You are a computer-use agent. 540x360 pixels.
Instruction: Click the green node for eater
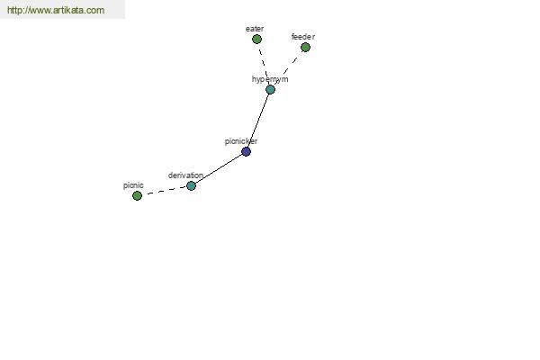click(256, 40)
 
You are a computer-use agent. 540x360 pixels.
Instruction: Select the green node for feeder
click(305, 47)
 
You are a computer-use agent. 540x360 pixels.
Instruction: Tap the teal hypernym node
click(270, 90)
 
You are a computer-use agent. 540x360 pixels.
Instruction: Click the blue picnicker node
click(246, 151)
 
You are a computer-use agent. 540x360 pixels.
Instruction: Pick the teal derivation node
click(191, 185)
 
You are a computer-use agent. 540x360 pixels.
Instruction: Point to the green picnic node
click(137, 195)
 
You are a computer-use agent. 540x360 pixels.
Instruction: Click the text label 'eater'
click(255, 29)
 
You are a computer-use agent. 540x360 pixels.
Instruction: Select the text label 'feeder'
click(303, 37)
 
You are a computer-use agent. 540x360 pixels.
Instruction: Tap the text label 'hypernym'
click(270, 79)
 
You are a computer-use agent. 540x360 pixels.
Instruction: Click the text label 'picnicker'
click(241, 141)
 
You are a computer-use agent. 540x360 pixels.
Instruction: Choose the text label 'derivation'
click(185, 175)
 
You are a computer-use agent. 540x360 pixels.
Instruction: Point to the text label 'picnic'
click(133, 185)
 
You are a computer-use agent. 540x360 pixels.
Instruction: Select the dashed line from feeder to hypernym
click(288, 68)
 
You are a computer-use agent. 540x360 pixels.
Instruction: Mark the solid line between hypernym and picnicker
click(258, 121)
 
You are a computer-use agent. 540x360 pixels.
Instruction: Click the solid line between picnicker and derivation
click(219, 168)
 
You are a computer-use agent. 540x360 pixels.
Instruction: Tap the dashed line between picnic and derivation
click(165, 191)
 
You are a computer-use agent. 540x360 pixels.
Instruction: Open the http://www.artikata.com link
click(56, 10)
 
